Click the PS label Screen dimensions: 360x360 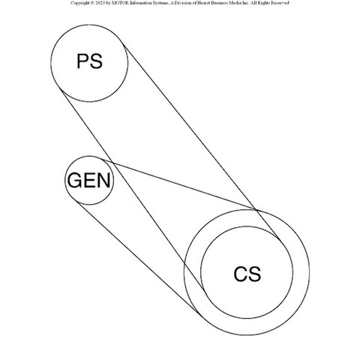tap(89, 61)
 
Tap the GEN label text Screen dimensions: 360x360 tap(89, 180)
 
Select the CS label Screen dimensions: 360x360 tap(247, 274)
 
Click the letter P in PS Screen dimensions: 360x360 tap(82, 61)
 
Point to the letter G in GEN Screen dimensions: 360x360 tap(75, 180)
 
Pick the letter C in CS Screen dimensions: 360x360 tap(241, 274)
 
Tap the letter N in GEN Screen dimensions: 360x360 tap(104, 180)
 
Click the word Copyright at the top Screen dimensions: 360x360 tap(79, 3)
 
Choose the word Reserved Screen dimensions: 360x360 tap(280, 3)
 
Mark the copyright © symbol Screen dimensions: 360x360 tap(90, 3)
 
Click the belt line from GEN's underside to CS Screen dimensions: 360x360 tap(139, 258)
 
